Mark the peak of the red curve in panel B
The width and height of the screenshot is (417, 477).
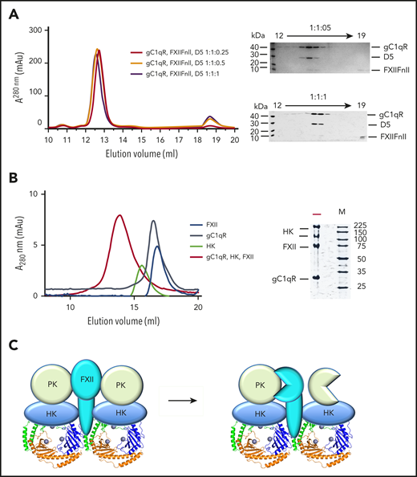119,215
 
